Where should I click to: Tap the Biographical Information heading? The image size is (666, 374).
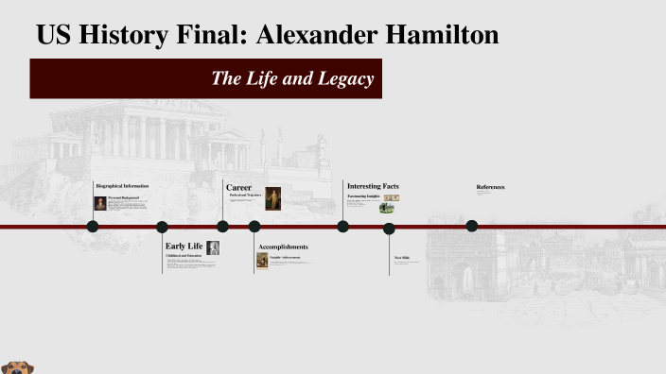(x=122, y=186)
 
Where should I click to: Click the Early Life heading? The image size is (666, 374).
(x=184, y=246)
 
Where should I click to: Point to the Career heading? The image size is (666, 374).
(x=238, y=187)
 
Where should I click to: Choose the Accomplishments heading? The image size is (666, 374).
(x=283, y=247)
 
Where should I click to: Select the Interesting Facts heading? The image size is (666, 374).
(x=373, y=186)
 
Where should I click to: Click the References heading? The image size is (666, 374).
(x=490, y=187)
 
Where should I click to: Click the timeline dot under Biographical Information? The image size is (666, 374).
(x=93, y=226)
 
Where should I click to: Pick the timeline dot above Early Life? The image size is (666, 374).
(x=162, y=227)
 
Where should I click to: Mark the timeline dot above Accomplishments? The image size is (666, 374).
(x=254, y=227)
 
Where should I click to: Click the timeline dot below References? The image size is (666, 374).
(x=472, y=226)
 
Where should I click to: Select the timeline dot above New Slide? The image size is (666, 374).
(x=389, y=228)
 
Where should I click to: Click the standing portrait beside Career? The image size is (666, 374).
(x=272, y=198)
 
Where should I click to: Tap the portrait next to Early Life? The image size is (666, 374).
(x=213, y=248)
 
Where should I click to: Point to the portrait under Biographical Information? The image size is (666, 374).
(x=100, y=204)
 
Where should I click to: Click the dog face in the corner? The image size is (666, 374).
(x=13, y=366)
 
